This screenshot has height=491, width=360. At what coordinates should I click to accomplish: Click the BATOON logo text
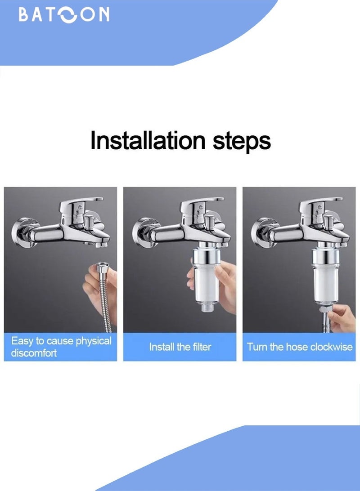tap(64, 14)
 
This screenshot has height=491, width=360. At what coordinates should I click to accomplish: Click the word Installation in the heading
tap(148, 140)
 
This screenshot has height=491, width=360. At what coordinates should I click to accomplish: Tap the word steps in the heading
tap(242, 142)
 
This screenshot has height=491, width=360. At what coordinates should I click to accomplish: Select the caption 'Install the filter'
tap(180, 347)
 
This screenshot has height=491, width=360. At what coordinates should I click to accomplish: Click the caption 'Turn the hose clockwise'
tap(300, 347)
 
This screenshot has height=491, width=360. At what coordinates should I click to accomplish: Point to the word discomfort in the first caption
tap(34, 353)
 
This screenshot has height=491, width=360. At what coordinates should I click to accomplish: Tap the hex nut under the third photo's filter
tap(326, 309)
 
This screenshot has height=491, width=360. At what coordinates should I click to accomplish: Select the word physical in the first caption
tap(94, 341)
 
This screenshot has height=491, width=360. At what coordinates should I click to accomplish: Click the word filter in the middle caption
tap(201, 347)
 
